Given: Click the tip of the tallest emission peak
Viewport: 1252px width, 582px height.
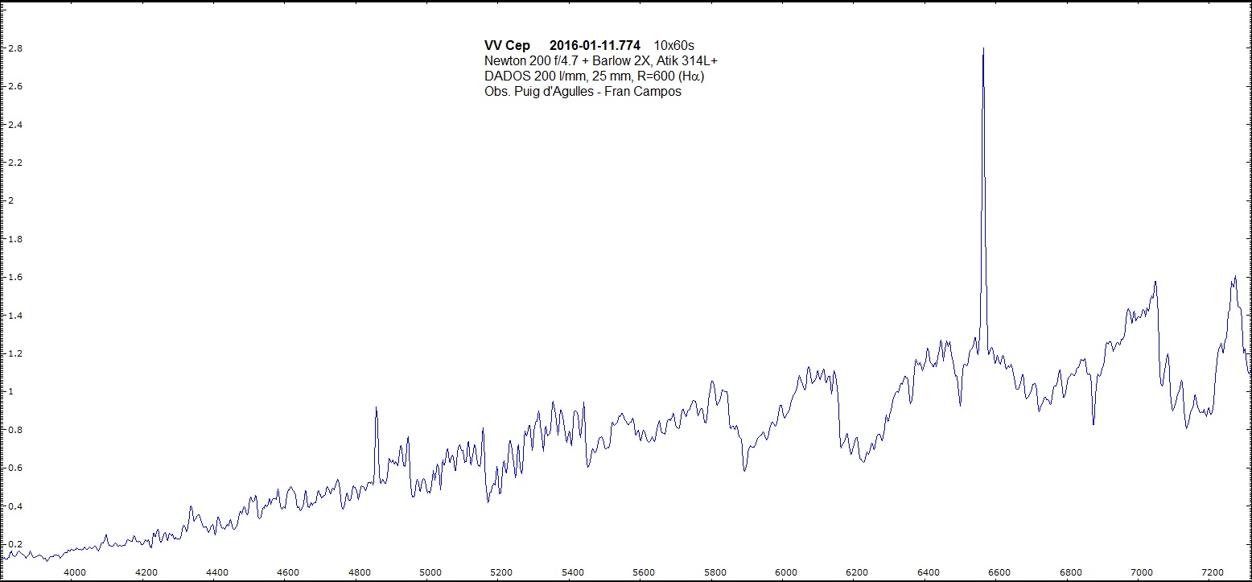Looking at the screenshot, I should coord(983,48).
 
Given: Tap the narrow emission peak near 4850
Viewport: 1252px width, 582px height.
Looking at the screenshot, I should coord(376,408).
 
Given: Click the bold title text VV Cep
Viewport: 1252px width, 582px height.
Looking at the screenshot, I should coord(507,45).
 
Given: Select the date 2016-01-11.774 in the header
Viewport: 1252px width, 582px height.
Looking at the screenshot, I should coord(595,45).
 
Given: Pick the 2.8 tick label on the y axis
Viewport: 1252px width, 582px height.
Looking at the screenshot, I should coord(14,48).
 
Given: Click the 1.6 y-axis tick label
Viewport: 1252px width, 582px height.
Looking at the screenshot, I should coord(14,278).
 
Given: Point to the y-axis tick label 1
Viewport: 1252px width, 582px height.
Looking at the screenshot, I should coord(10,392).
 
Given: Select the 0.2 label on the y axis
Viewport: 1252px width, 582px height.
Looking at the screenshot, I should coord(14,545).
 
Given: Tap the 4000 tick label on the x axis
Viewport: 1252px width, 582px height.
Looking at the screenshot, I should coord(75,572).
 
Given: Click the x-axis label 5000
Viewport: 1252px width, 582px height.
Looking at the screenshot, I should coord(430,572).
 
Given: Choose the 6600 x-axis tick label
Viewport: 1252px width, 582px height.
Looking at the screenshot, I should coord(999,572).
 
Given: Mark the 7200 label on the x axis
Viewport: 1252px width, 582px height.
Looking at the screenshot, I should coord(1212,572).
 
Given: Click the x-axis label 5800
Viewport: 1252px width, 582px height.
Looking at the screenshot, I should coord(715,572).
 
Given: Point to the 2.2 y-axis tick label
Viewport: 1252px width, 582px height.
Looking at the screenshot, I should coord(14,163).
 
